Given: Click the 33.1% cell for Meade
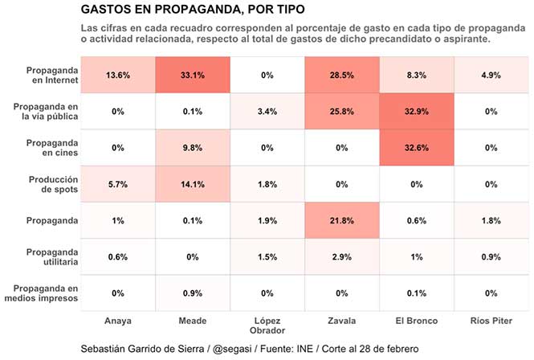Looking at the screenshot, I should click(x=193, y=75).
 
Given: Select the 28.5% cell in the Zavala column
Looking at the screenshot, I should click(x=342, y=75).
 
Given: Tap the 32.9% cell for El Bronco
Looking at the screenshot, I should click(x=417, y=112).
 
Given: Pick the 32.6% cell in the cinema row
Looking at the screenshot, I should click(x=417, y=148).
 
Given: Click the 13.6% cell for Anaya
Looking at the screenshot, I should click(x=118, y=75).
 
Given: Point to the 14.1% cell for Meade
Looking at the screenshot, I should click(x=193, y=184).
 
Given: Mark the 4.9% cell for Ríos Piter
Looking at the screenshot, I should click(x=491, y=75).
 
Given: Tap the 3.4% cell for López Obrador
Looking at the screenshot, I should click(x=267, y=112).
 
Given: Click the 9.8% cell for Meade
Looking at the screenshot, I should click(x=193, y=148).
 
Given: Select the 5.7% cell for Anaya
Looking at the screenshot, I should click(x=118, y=184).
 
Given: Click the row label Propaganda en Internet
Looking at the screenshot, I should click(x=51, y=75).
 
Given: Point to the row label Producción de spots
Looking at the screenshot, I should click(x=55, y=184).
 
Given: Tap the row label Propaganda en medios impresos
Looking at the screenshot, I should click(x=51, y=293).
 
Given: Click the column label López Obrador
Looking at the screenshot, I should click(x=267, y=325).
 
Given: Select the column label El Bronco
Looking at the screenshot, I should click(x=417, y=321).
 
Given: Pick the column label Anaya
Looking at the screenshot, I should click(x=118, y=321).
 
